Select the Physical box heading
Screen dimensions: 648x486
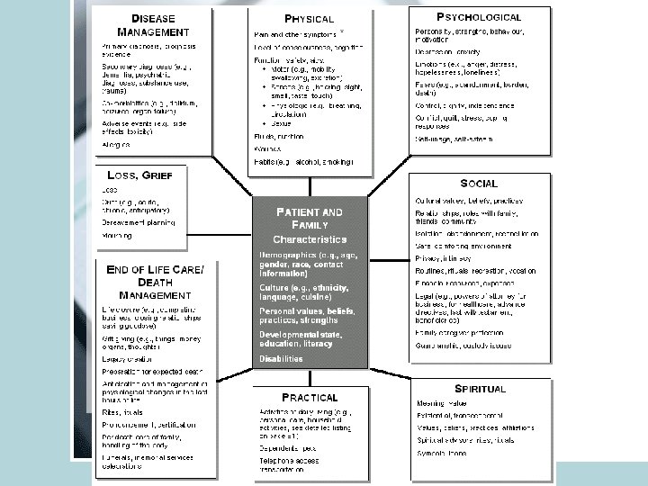(308, 17)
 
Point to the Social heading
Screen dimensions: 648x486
(478, 183)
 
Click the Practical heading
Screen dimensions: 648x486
(310, 396)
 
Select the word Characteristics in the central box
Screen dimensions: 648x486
(310, 239)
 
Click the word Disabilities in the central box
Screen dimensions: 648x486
(282, 358)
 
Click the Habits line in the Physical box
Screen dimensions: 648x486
(302, 161)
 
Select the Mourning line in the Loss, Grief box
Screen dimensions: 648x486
(117, 236)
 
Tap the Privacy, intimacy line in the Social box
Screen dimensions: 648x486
(442, 256)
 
